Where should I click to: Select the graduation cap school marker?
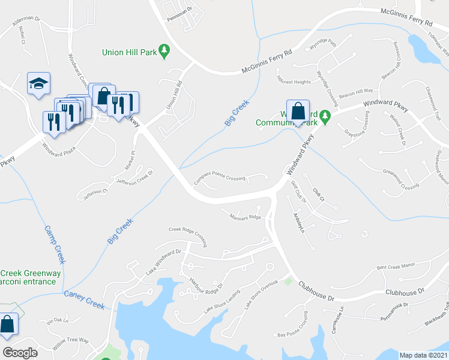38,83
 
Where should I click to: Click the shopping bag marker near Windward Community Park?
298,111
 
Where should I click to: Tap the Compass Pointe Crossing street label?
219,179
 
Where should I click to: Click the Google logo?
20,352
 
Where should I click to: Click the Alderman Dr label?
26,19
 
